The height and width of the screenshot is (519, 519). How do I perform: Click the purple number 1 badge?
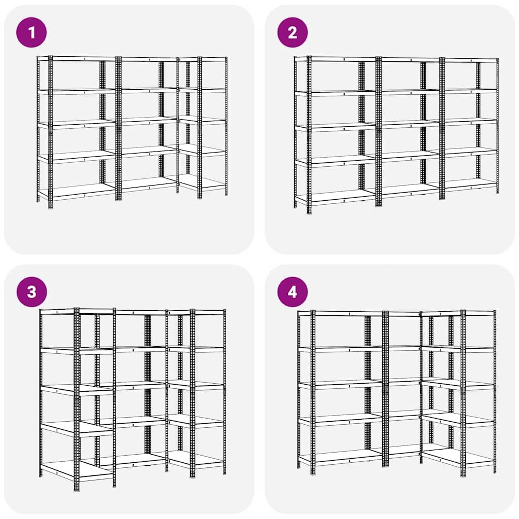(x=31, y=32)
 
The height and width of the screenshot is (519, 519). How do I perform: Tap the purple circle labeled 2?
(x=292, y=32)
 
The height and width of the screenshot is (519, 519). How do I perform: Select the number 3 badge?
(x=31, y=292)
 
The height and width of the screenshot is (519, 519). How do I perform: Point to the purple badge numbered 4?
(x=292, y=292)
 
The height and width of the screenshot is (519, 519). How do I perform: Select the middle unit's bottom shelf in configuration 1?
(x=147, y=183)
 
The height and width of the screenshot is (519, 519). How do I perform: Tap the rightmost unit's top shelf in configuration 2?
(x=469, y=60)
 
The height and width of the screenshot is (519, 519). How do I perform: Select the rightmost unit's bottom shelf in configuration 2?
(x=469, y=183)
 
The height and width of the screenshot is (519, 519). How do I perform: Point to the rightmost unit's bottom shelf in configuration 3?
(x=198, y=459)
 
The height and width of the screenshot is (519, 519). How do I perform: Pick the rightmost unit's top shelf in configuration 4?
(x=459, y=313)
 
